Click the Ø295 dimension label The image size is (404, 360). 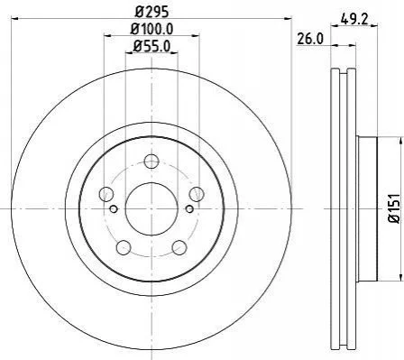151,12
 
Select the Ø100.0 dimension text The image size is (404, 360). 151,29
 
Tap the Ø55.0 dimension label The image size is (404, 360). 151,46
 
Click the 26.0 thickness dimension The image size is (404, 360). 310,39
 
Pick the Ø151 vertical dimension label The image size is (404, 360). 395,208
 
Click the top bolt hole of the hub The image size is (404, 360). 151,162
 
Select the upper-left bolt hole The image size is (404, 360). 106,194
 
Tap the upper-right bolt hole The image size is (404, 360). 197,194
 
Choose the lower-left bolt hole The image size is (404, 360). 124,247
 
